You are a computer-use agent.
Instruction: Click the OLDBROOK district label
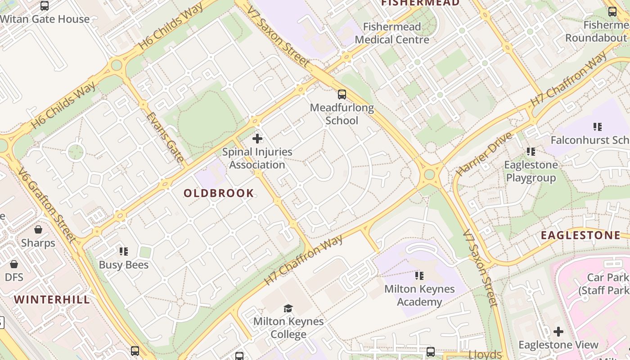[x=219, y=193]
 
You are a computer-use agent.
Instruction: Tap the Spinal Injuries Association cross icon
[x=257, y=139]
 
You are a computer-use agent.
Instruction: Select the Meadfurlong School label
[x=342, y=114]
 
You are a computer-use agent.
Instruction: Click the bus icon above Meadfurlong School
[x=342, y=94]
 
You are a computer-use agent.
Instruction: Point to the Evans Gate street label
[x=165, y=137]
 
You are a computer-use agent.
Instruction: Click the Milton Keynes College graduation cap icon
[x=288, y=308]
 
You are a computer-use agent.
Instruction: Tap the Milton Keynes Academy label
[x=419, y=295]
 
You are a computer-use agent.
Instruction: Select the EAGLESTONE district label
[x=580, y=235]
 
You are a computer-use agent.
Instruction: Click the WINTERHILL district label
[x=52, y=300]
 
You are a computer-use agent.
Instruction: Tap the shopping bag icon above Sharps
[x=38, y=230]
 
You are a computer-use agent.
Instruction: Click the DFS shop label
[x=14, y=277]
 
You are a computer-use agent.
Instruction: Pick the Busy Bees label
[x=124, y=265]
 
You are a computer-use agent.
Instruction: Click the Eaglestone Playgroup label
[x=531, y=171]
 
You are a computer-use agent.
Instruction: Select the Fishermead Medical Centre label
[x=392, y=33]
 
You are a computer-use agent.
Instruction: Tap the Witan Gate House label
[x=45, y=19]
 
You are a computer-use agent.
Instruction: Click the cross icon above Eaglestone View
[x=558, y=332]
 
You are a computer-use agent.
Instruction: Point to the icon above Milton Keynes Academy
[x=419, y=275]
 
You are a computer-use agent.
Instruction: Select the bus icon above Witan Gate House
[x=45, y=6]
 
